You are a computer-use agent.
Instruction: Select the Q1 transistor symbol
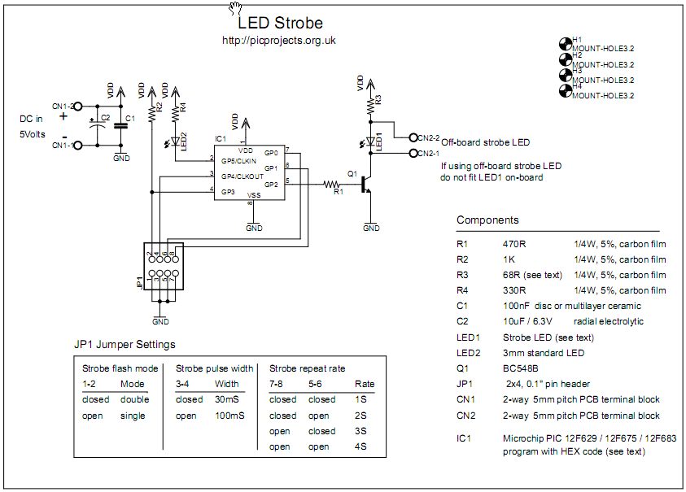tap(366, 186)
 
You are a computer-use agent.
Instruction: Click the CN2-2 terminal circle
tap(413, 138)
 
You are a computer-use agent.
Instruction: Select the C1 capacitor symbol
tap(120, 124)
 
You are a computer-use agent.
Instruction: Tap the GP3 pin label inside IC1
tap(229, 192)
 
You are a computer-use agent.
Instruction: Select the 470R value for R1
tap(515, 243)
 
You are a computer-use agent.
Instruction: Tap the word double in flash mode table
tap(133, 399)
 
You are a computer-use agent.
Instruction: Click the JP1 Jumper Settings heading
tap(125, 345)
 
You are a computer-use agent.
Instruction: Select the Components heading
tap(487, 220)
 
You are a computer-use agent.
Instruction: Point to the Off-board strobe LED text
tap(486, 142)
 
